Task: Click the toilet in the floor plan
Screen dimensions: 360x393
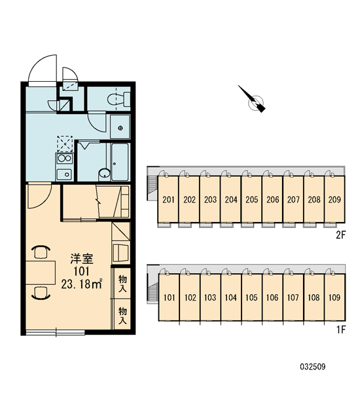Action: [x=118, y=99]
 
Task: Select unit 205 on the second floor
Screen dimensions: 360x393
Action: [x=251, y=200]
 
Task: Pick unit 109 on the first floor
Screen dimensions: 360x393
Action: [x=334, y=297]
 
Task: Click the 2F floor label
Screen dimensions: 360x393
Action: [x=341, y=235]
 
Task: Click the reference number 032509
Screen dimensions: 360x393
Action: [x=313, y=367]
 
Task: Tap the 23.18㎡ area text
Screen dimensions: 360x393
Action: [x=82, y=284]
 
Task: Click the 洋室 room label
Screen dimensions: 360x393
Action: [x=82, y=259]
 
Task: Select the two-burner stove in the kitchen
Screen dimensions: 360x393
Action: [x=64, y=159]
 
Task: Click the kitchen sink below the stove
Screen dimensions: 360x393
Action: [x=64, y=174]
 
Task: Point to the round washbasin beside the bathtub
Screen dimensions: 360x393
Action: [x=105, y=173]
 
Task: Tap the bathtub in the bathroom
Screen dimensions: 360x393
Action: [x=120, y=162]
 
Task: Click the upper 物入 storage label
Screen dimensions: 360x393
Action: [x=122, y=283]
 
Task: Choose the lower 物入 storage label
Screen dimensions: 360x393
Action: [x=122, y=316]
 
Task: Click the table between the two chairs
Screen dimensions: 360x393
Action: [x=41, y=272]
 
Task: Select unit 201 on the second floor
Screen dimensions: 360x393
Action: [x=168, y=200]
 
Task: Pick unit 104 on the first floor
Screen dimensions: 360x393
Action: [x=230, y=297]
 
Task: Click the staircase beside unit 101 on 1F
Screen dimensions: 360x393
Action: [x=153, y=293]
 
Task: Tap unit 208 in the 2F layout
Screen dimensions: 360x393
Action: [x=314, y=200]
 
